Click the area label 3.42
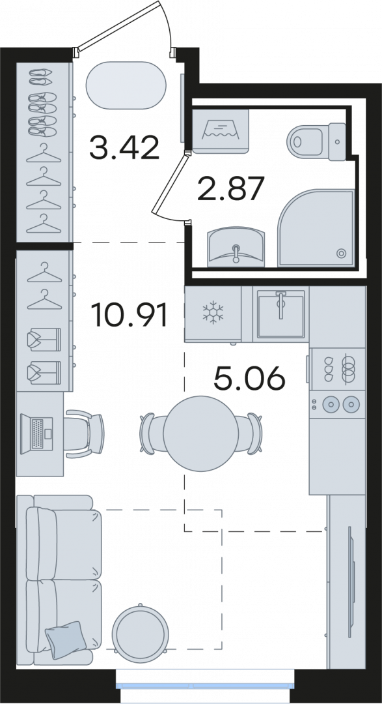point(125,148)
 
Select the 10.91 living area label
point(130,315)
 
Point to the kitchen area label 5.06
point(249,378)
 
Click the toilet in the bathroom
point(316,141)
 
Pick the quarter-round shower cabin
point(316,228)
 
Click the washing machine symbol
point(221,131)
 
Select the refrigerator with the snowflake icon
point(213,314)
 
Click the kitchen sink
point(281,314)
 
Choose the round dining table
point(200,433)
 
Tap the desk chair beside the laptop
point(85,433)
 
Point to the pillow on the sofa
point(66,639)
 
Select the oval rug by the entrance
point(126,85)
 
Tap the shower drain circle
point(341,253)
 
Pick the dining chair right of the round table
point(250,433)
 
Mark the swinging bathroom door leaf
point(169,184)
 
